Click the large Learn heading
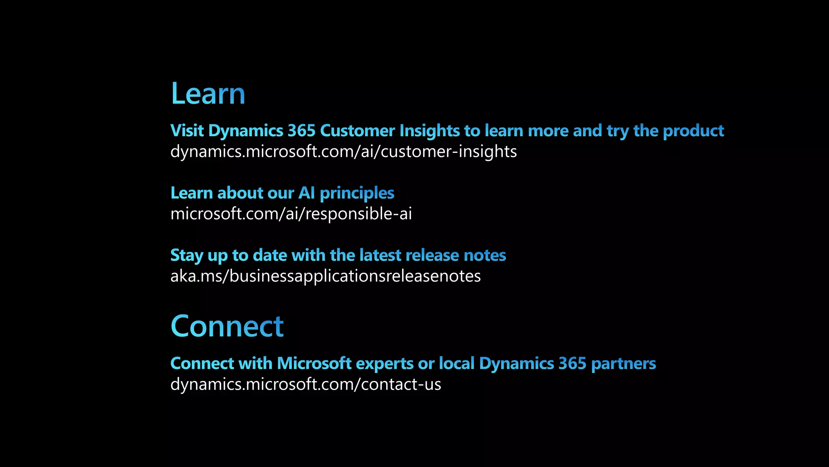[208, 94]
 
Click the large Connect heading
[227, 326]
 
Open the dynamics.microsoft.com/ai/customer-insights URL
[343, 152]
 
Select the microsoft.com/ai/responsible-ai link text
[291, 214]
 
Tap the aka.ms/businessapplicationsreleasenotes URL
[325, 276]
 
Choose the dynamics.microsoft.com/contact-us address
[306, 384]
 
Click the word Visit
[187, 131]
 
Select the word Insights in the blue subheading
[429, 131]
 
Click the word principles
[357, 193]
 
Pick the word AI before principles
[306, 193]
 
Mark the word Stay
[187, 256]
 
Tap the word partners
[623, 364]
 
